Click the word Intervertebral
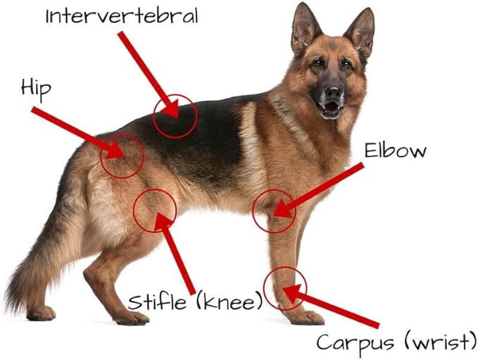[x=122, y=15]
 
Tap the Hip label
[x=36, y=89]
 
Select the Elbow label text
[x=396, y=151]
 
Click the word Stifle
[x=157, y=302]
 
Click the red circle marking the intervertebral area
[x=175, y=116]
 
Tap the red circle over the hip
[x=122, y=156]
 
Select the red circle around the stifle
[x=155, y=211]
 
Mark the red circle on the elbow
[x=274, y=211]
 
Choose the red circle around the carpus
[x=285, y=289]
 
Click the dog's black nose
[x=333, y=92]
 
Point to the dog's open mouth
[x=330, y=107]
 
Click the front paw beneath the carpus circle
[x=305, y=318]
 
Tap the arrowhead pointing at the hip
[x=114, y=150]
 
